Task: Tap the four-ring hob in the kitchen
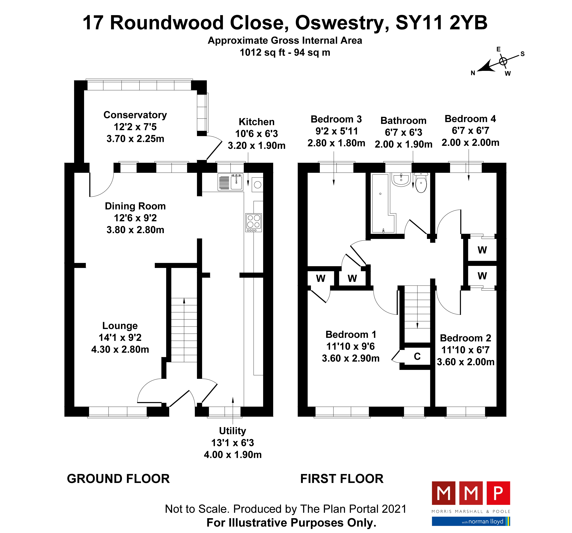[253, 222]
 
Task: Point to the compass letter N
[473, 73]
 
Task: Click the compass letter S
[523, 54]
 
